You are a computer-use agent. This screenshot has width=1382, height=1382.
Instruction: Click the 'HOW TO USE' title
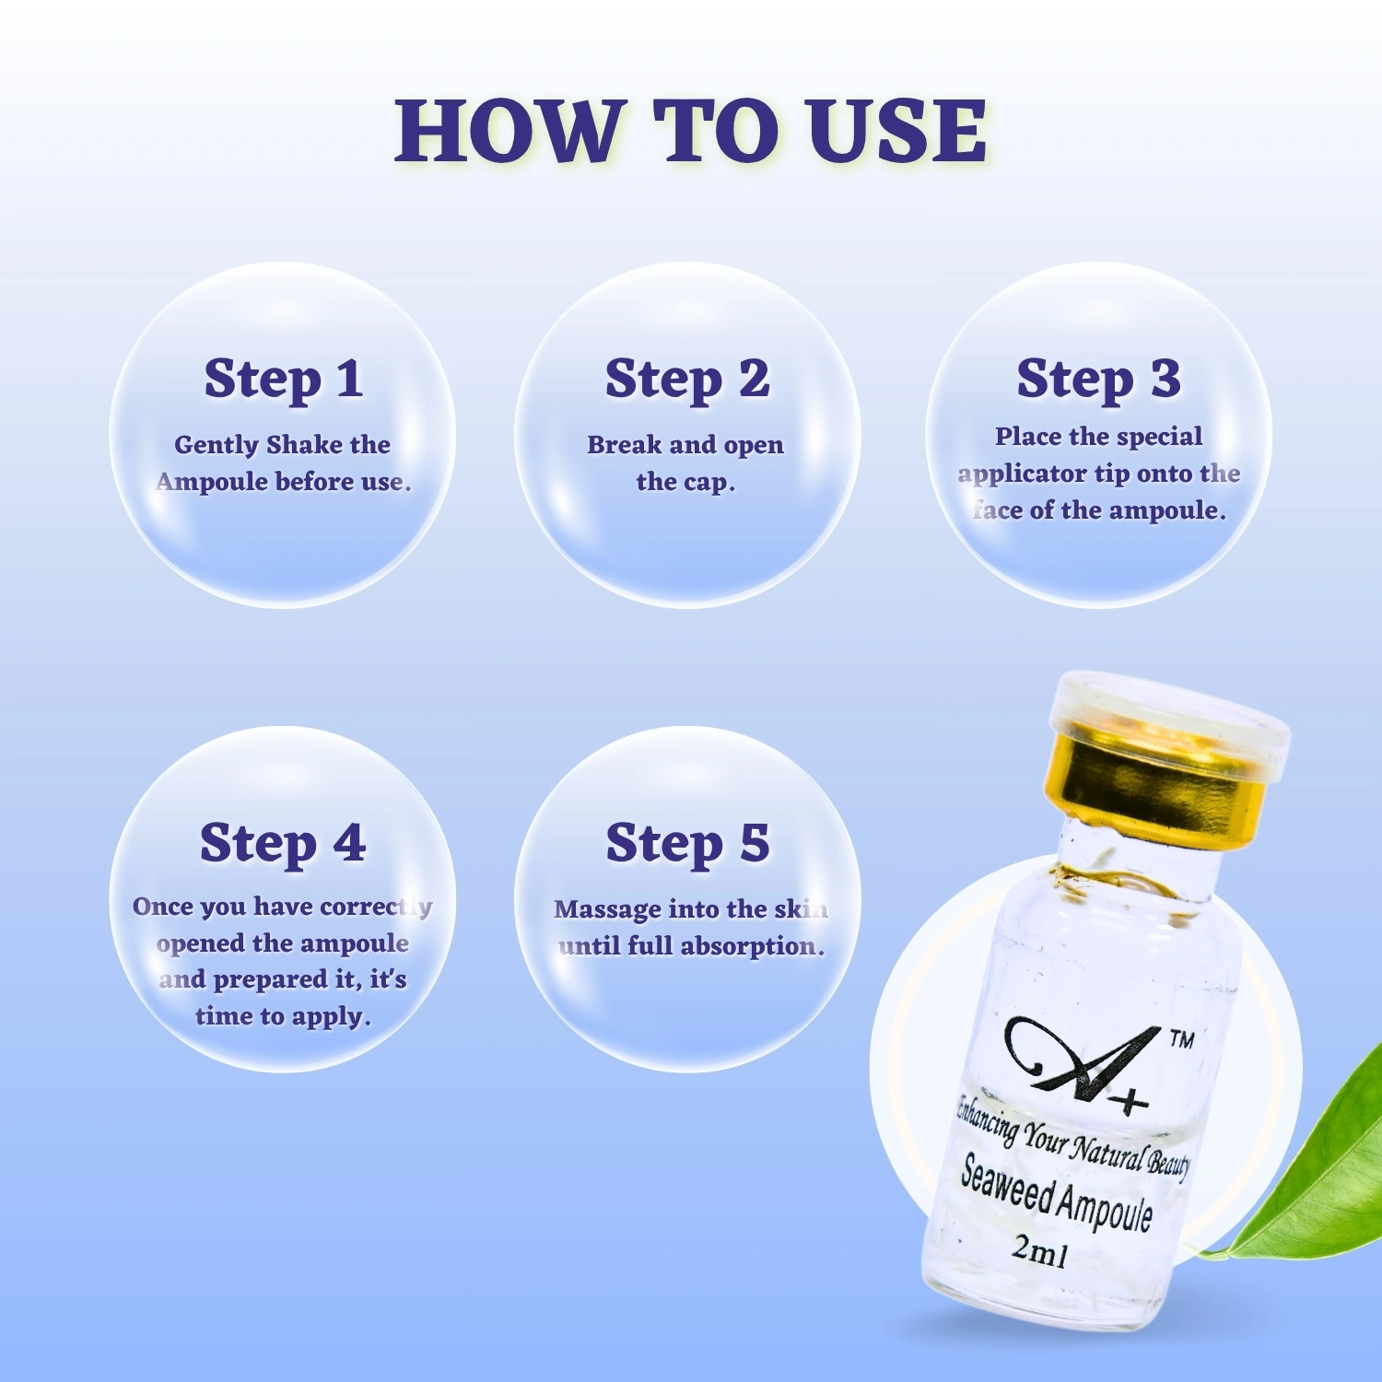(691, 131)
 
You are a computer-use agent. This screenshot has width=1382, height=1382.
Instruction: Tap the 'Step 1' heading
(284, 380)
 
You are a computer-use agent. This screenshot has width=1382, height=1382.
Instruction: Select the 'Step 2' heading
(687, 380)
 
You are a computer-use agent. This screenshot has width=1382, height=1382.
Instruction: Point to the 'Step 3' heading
(1098, 380)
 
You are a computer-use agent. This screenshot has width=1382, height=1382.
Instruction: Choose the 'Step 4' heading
(283, 844)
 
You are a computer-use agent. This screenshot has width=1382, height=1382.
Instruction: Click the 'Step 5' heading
(687, 844)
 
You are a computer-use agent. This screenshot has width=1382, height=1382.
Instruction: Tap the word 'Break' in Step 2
(625, 444)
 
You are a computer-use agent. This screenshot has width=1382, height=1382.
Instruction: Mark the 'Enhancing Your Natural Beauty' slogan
(1073, 1137)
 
